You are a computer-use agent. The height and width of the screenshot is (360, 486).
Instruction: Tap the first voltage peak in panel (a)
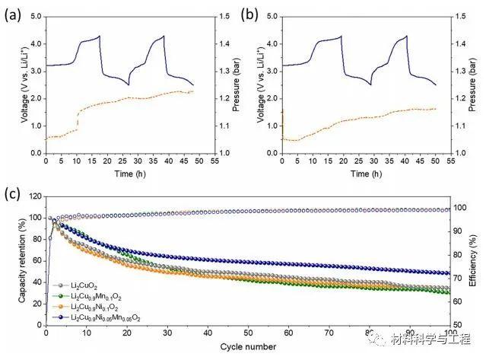pyautogui.click(x=99, y=36)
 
